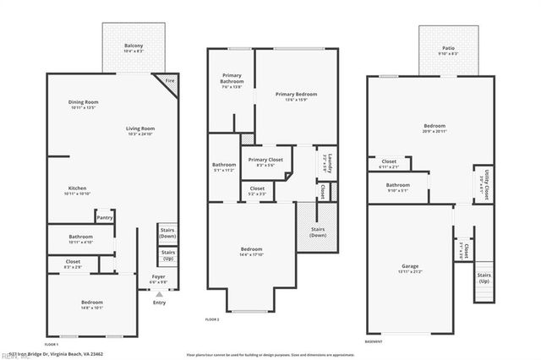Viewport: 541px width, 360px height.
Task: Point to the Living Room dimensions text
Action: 140,135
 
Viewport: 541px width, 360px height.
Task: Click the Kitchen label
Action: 78,188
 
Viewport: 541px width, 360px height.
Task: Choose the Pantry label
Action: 105,217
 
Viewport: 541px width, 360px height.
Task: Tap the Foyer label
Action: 158,275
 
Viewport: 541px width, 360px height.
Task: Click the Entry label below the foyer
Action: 159,302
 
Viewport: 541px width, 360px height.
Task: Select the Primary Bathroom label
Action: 231,78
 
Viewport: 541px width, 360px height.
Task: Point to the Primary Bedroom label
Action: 296,94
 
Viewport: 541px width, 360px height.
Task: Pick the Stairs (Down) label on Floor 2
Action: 318,232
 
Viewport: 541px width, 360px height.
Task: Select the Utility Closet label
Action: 484,180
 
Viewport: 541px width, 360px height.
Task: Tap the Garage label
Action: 409,265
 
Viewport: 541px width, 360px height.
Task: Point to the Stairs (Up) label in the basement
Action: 484,277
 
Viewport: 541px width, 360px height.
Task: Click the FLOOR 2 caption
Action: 212,319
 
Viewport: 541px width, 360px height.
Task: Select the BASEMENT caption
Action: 374,341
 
